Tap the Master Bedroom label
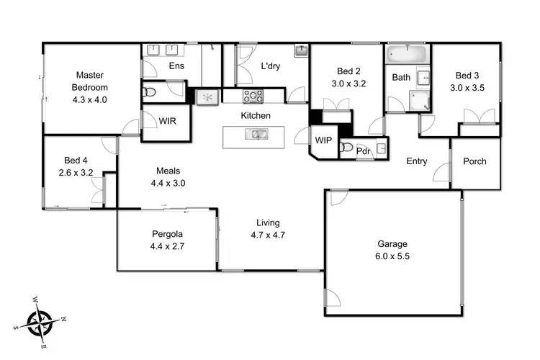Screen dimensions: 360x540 (x=89, y=81)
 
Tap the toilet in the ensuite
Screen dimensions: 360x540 (x=150, y=92)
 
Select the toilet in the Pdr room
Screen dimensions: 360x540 (x=347, y=148)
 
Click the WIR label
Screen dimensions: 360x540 (x=166, y=120)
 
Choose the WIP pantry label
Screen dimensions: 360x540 (x=323, y=140)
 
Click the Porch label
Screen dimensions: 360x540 (x=474, y=161)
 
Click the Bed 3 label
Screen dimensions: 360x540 (x=467, y=76)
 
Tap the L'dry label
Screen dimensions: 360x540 (x=270, y=66)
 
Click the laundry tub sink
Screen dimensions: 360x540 (x=301, y=50)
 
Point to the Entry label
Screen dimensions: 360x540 (x=417, y=161)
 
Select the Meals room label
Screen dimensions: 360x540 (x=167, y=171)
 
